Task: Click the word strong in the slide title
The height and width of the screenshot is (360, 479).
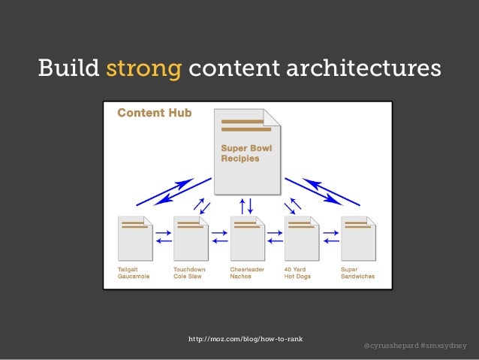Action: (x=144, y=68)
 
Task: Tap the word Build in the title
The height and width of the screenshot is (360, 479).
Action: (x=69, y=68)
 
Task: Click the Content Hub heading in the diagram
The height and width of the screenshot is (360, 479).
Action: (x=154, y=113)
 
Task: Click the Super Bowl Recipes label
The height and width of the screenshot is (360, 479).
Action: (x=246, y=153)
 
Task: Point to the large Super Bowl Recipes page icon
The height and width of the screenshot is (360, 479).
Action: (x=247, y=150)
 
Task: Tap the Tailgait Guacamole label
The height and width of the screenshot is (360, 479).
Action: (x=134, y=272)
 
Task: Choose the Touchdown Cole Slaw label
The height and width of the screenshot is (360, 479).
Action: (x=189, y=272)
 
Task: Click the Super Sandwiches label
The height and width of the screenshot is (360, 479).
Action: (x=357, y=272)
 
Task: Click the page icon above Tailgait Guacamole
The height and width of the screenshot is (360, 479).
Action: (x=135, y=237)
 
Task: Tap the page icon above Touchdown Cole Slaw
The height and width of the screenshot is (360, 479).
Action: (x=191, y=237)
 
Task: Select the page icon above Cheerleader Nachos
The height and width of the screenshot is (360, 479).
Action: (x=247, y=237)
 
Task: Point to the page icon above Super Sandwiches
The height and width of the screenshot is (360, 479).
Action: (x=358, y=237)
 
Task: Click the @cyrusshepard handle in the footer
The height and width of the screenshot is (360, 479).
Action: (x=389, y=346)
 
